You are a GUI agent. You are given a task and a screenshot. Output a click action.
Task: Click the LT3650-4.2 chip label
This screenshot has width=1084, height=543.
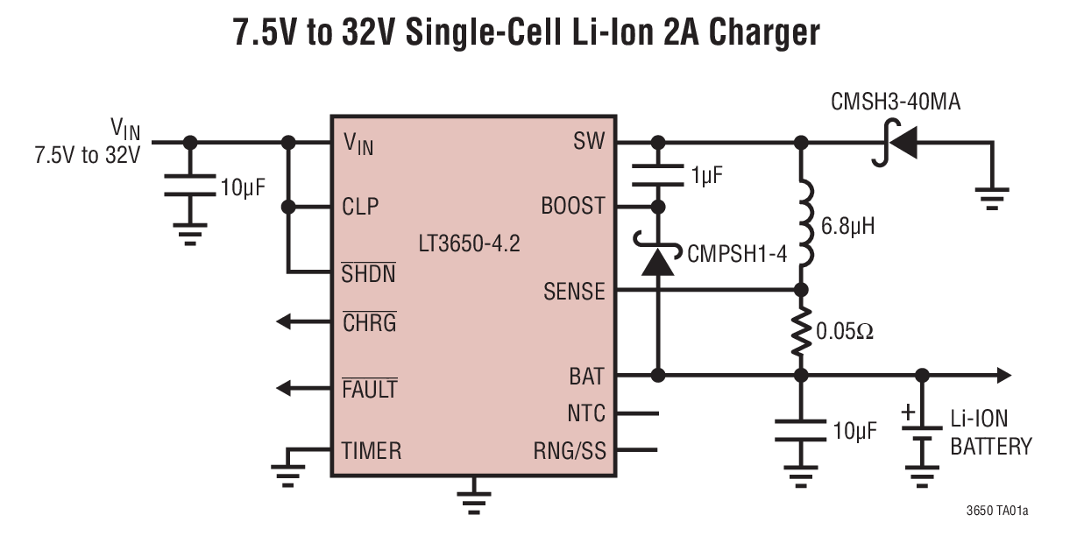[469, 243]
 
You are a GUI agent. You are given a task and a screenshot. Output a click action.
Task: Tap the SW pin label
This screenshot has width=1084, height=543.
[588, 142]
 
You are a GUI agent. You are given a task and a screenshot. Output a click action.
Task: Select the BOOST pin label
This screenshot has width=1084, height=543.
[573, 206]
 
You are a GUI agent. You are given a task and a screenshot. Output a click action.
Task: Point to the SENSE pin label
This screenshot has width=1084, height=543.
[574, 291]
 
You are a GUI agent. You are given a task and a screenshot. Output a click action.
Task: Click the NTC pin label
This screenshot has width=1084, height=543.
[586, 413]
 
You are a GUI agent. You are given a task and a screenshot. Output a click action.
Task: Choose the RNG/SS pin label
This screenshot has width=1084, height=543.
[570, 451]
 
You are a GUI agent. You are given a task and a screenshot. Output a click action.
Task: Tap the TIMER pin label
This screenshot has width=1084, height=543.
[372, 451]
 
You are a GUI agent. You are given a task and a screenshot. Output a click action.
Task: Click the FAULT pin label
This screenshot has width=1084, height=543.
[369, 387]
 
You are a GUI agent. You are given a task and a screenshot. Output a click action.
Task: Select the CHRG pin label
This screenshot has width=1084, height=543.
[369, 322]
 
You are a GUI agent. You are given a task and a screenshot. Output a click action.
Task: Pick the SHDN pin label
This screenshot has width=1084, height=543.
[368, 272]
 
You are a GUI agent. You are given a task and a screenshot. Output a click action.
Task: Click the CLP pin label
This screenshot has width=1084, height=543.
[359, 208]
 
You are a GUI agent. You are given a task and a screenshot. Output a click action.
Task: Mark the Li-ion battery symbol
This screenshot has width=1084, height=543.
[922, 435]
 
